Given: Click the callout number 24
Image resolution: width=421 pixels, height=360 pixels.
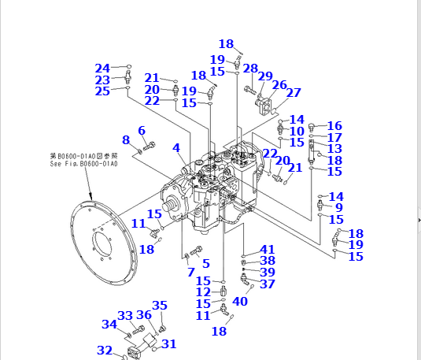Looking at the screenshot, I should tap(103, 68).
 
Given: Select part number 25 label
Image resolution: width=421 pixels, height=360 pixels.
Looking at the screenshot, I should tap(103, 91).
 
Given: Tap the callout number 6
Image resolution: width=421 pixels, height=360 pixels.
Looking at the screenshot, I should tap(142, 130).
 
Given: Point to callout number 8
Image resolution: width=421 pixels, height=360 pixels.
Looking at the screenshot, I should tap(125, 140).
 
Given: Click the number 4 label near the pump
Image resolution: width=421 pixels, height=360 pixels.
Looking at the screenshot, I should tap(176, 147).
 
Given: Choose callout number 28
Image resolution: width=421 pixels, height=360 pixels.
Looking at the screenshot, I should tap(250, 69).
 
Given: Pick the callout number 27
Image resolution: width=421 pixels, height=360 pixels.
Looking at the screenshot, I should tap(294, 92).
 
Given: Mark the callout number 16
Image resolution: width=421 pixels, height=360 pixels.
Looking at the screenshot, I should tap(334, 126).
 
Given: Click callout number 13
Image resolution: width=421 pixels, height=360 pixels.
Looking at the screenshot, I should tap(334, 148).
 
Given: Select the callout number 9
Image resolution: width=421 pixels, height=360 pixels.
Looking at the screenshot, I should tap(339, 208).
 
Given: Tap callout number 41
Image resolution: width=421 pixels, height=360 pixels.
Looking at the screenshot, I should tap(268, 249).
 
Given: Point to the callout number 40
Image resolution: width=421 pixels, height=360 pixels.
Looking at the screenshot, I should tap(240, 300).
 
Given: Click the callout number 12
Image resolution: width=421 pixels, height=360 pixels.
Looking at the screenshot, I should tap(203, 292).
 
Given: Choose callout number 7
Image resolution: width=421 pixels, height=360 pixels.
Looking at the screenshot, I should tap(190, 273).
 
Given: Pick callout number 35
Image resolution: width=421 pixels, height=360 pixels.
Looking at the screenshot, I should tap(160, 306).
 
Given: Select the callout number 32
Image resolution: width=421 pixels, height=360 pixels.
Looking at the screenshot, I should tap(105, 350).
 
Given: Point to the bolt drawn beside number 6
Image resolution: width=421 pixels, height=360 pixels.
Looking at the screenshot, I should tap(150, 145).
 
